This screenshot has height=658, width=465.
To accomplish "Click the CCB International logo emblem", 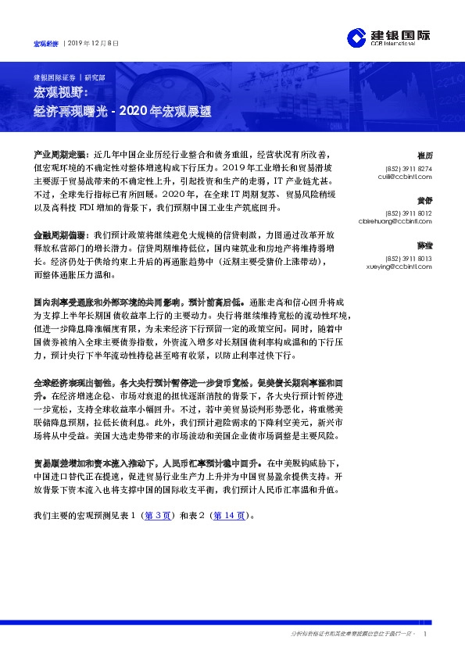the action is tap(356, 38).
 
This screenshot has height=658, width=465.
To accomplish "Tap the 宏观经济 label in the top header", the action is tap(46, 44).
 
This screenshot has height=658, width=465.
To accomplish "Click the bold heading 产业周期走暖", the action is tap(61, 155).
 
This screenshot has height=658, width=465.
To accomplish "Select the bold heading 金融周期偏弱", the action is tap(61, 234).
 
